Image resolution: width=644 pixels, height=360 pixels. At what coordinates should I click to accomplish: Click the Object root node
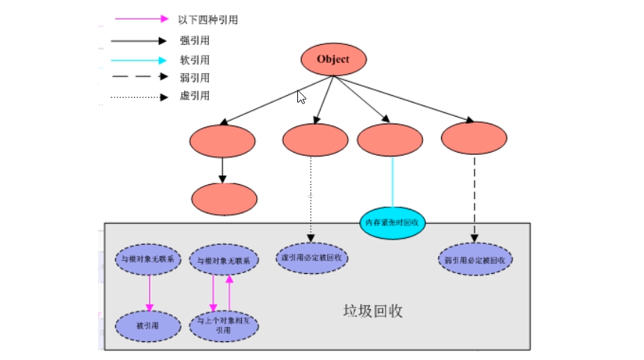[333, 60]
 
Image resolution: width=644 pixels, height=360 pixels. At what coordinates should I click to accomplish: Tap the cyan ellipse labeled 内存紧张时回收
[393, 222]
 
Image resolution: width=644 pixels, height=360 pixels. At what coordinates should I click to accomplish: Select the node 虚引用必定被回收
[312, 257]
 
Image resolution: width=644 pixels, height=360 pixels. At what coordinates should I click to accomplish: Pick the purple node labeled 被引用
[148, 326]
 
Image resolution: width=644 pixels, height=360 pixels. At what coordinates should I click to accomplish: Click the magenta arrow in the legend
[142, 19]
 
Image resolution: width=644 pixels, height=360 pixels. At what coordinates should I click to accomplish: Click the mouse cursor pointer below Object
[301, 97]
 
